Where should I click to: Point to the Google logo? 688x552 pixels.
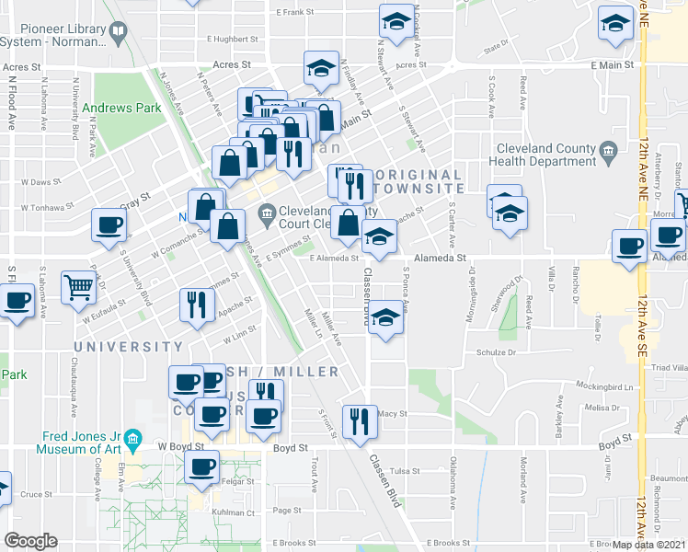(29, 541)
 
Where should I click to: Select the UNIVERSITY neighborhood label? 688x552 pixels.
(129, 347)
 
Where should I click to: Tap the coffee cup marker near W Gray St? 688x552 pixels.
(109, 224)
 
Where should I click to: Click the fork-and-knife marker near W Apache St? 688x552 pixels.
(195, 305)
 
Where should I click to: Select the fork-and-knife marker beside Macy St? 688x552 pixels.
(359, 420)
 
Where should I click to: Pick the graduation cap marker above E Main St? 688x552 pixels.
(321, 67)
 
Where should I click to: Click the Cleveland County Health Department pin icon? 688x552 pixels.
(607, 150)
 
